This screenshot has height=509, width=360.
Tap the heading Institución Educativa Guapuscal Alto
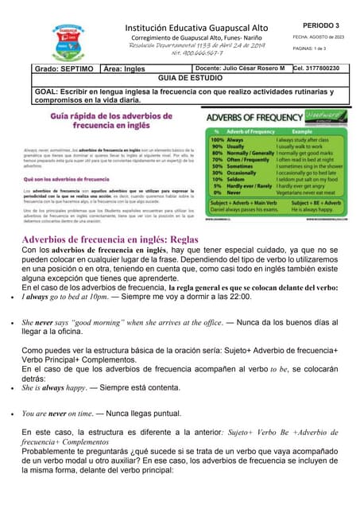coord(196,28)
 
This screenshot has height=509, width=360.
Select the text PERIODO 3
coord(320,25)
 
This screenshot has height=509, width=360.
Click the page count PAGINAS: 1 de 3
coord(314,49)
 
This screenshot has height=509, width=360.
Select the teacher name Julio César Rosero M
coord(250,69)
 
